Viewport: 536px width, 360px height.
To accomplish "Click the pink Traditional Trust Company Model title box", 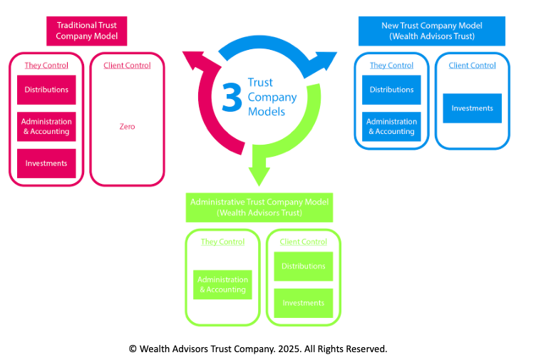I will click(x=86, y=31).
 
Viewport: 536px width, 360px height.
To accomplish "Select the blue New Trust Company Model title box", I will click(x=432, y=31).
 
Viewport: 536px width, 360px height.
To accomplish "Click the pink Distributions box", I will click(x=46, y=90).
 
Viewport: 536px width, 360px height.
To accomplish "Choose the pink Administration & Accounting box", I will click(x=46, y=126).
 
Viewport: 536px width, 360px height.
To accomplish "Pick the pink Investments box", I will click(x=46, y=163).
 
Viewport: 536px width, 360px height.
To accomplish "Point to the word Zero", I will click(x=127, y=127).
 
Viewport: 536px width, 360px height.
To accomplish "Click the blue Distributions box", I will click(x=391, y=90).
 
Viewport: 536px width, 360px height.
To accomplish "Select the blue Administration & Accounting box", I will click(x=391, y=126).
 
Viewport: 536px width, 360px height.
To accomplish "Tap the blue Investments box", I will click(x=472, y=108).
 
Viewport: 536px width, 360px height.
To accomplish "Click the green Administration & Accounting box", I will click(x=223, y=284).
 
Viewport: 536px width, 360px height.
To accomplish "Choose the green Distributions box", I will click(x=304, y=266).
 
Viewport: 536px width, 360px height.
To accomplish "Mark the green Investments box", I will click(x=304, y=303).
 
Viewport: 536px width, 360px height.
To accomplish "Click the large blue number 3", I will click(x=232, y=98).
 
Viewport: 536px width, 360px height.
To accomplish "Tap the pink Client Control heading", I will click(x=127, y=66).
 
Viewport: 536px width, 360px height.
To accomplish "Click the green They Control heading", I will click(x=222, y=242).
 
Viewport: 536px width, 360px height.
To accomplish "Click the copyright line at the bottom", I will click(x=258, y=349).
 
